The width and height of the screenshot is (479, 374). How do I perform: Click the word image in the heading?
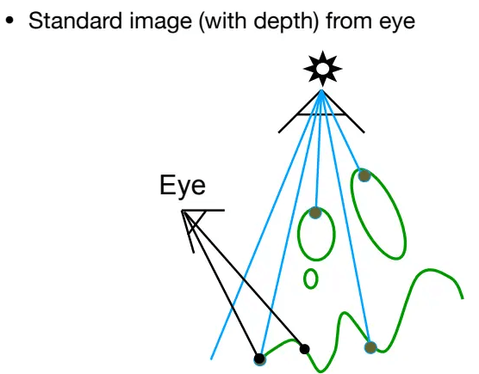(x=161, y=22)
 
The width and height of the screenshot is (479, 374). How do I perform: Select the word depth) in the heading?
(x=287, y=22)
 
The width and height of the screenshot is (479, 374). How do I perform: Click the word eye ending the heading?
(x=397, y=24)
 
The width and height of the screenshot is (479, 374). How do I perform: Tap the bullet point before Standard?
(x=9, y=21)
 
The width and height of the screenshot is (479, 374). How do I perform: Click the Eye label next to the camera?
(x=183, y=186)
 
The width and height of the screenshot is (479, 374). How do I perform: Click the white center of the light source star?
(x=322, y=69)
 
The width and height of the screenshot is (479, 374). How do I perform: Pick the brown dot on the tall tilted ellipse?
(x=364, y=176)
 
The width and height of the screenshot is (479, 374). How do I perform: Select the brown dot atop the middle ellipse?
(x=315, y=212)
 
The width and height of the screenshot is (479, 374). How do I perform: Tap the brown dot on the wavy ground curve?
(x=370, y=347)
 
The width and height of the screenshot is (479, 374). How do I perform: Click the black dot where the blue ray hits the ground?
(x=259, y=359)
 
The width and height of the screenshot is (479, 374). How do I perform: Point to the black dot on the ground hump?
(x=304, y=349)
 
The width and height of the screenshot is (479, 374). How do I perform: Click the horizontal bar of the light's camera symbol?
(x=321, y=114)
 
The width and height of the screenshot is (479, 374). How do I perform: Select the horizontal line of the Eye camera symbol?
(x=203, y=210)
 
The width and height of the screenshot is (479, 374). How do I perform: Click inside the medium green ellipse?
(x=316, y=235)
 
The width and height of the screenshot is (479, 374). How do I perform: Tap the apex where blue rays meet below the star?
(x=321, y=90)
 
